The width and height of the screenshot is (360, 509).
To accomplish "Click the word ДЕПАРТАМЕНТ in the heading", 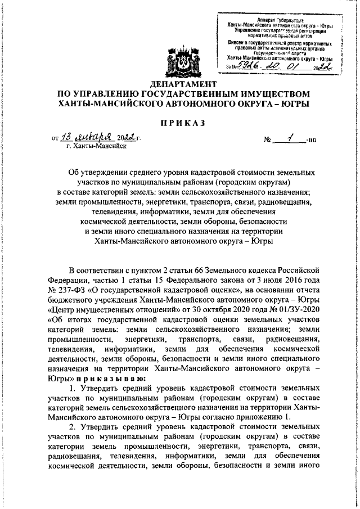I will click(x=180, y=83).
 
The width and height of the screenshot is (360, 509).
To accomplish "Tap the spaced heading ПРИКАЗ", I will click(x=179, y=122).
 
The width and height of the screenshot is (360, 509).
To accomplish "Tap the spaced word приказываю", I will click(x=112, y=380).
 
